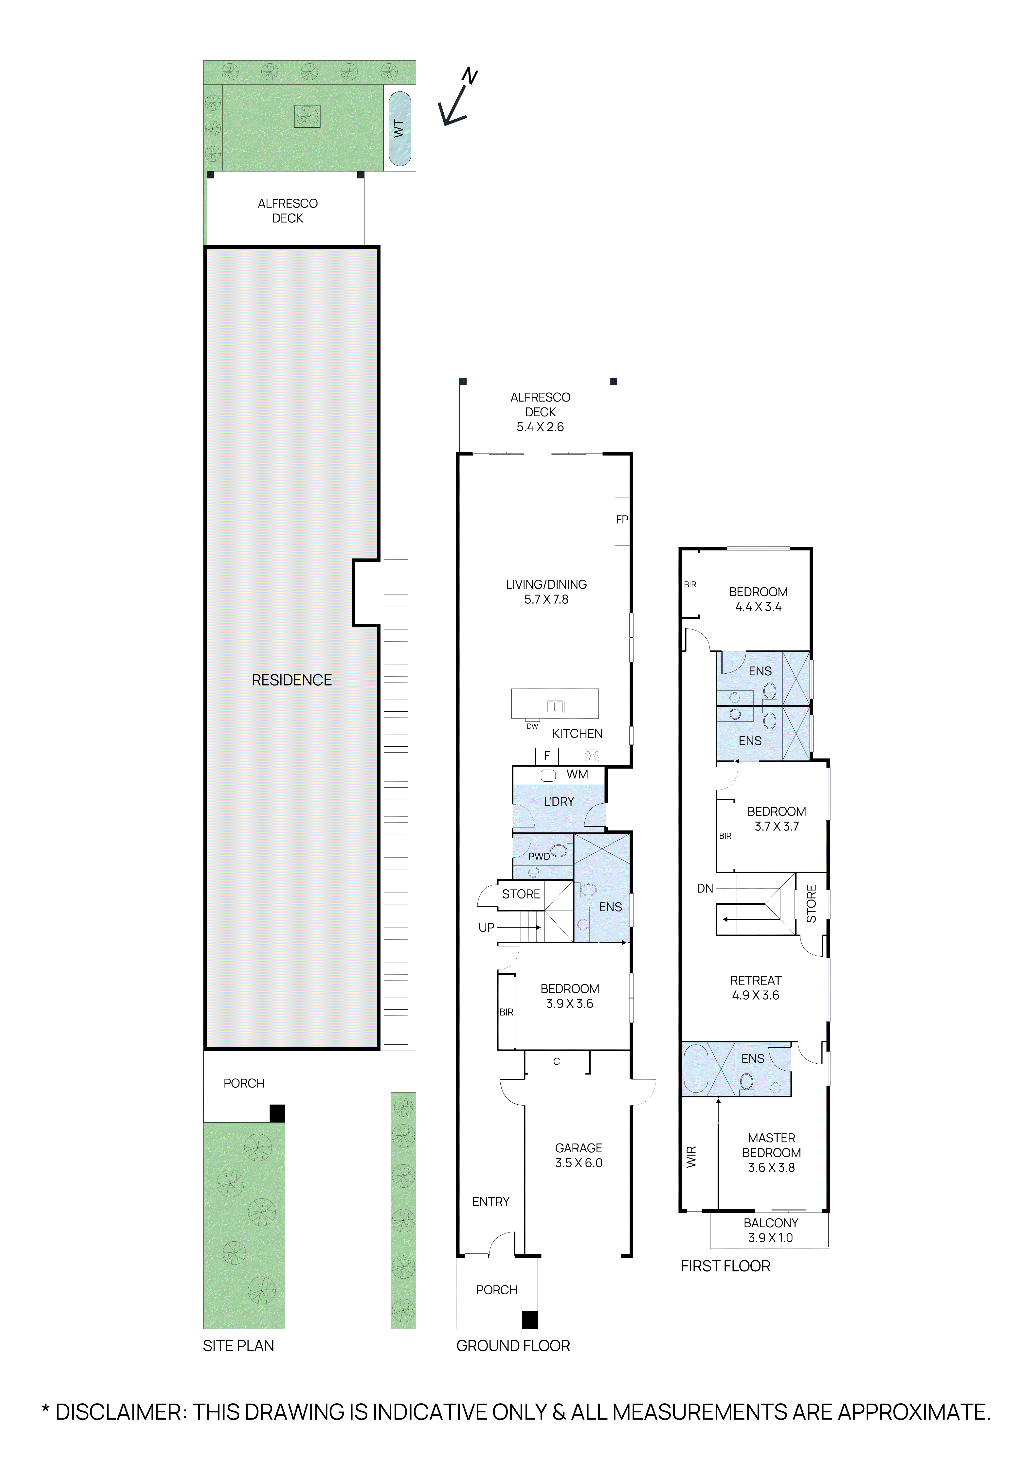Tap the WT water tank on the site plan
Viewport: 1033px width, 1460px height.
click(x=399, y=129)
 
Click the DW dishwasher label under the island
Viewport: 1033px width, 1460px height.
click(x=532, y=726)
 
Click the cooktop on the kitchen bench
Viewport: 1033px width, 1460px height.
click(x=592, y=756)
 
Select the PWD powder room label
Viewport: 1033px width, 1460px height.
click(x=539, y=857)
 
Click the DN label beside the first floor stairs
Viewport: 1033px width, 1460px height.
click(x=705, y=888)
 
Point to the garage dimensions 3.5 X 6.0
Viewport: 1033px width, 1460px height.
click(x=578, y=1163)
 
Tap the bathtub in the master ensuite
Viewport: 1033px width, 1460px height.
click(x=695, y=1069)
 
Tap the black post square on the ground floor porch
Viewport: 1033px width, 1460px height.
click(x=529, y=1321)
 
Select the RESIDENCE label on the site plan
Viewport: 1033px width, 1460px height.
click(x=291, y=680)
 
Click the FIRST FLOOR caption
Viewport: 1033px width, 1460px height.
click(x=725, y=1266)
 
